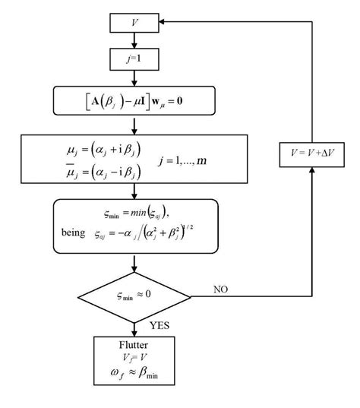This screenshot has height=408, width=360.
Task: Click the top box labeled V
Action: click(x=134, y=23)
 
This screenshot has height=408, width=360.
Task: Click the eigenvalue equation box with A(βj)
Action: click(x=134, y=99)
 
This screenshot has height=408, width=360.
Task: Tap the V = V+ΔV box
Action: click(x=312, y=153)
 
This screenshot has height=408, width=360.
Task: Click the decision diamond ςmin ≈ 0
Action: click(x=134, y=293)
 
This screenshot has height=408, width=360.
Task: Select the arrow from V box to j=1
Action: click(x=134, y=40)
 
